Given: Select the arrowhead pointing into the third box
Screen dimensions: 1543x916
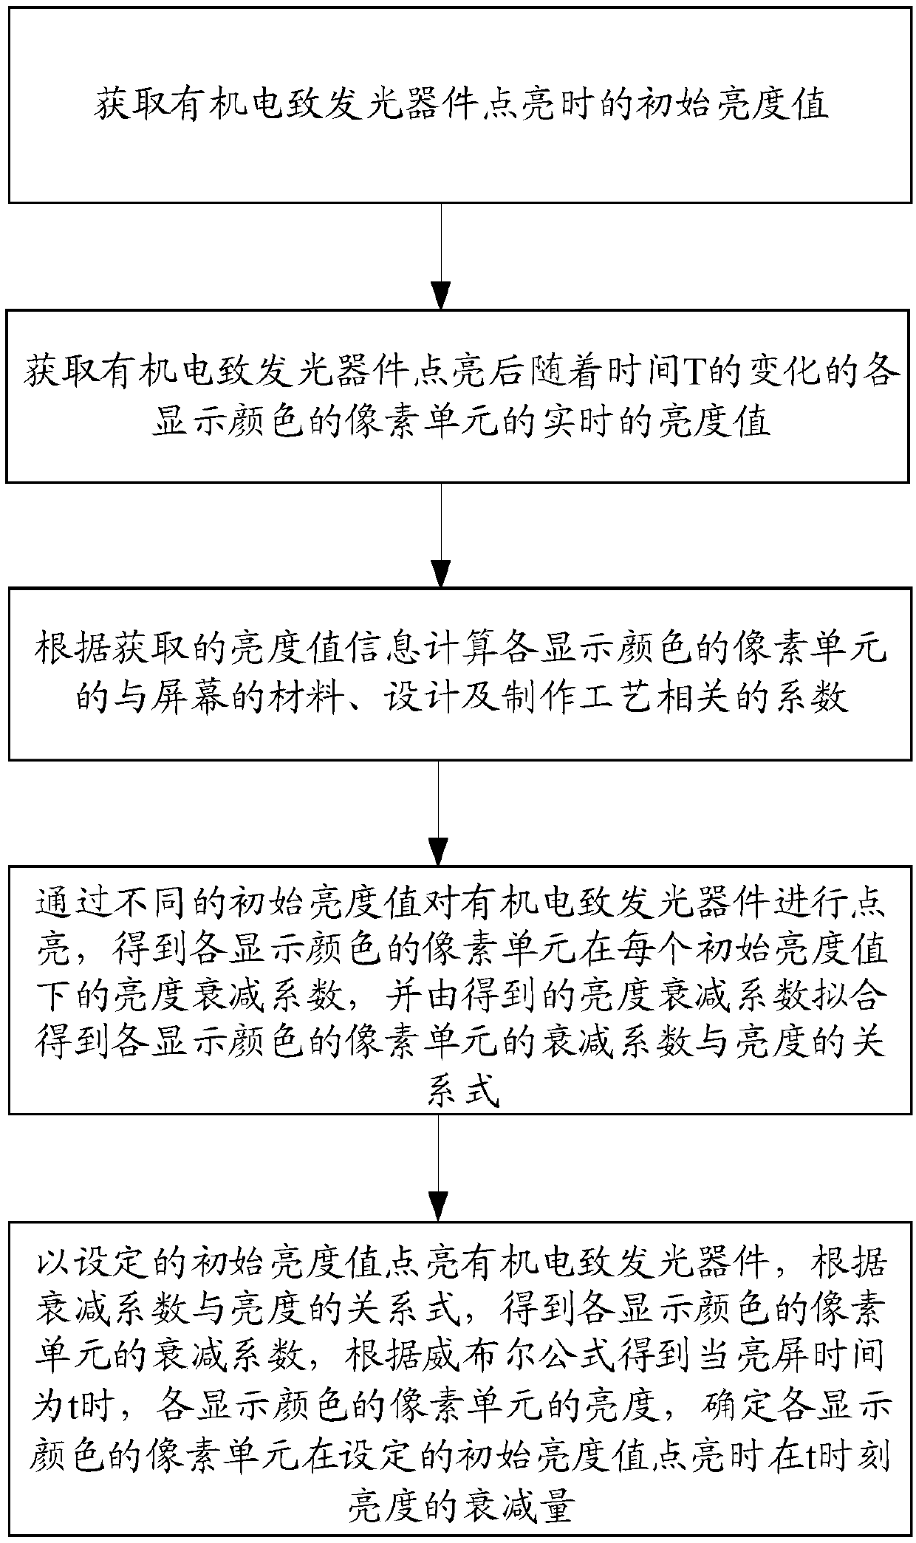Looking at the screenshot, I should pos(441,572).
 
